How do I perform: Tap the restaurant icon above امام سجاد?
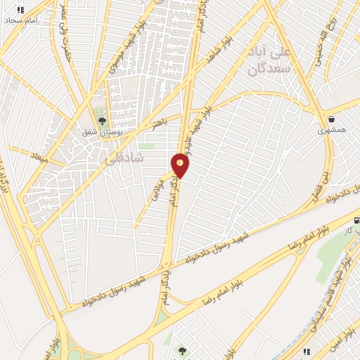pos(20,10)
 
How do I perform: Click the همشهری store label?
pos(330,131)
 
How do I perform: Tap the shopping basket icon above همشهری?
pos(330,119)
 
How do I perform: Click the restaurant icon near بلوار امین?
pos(306,351)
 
